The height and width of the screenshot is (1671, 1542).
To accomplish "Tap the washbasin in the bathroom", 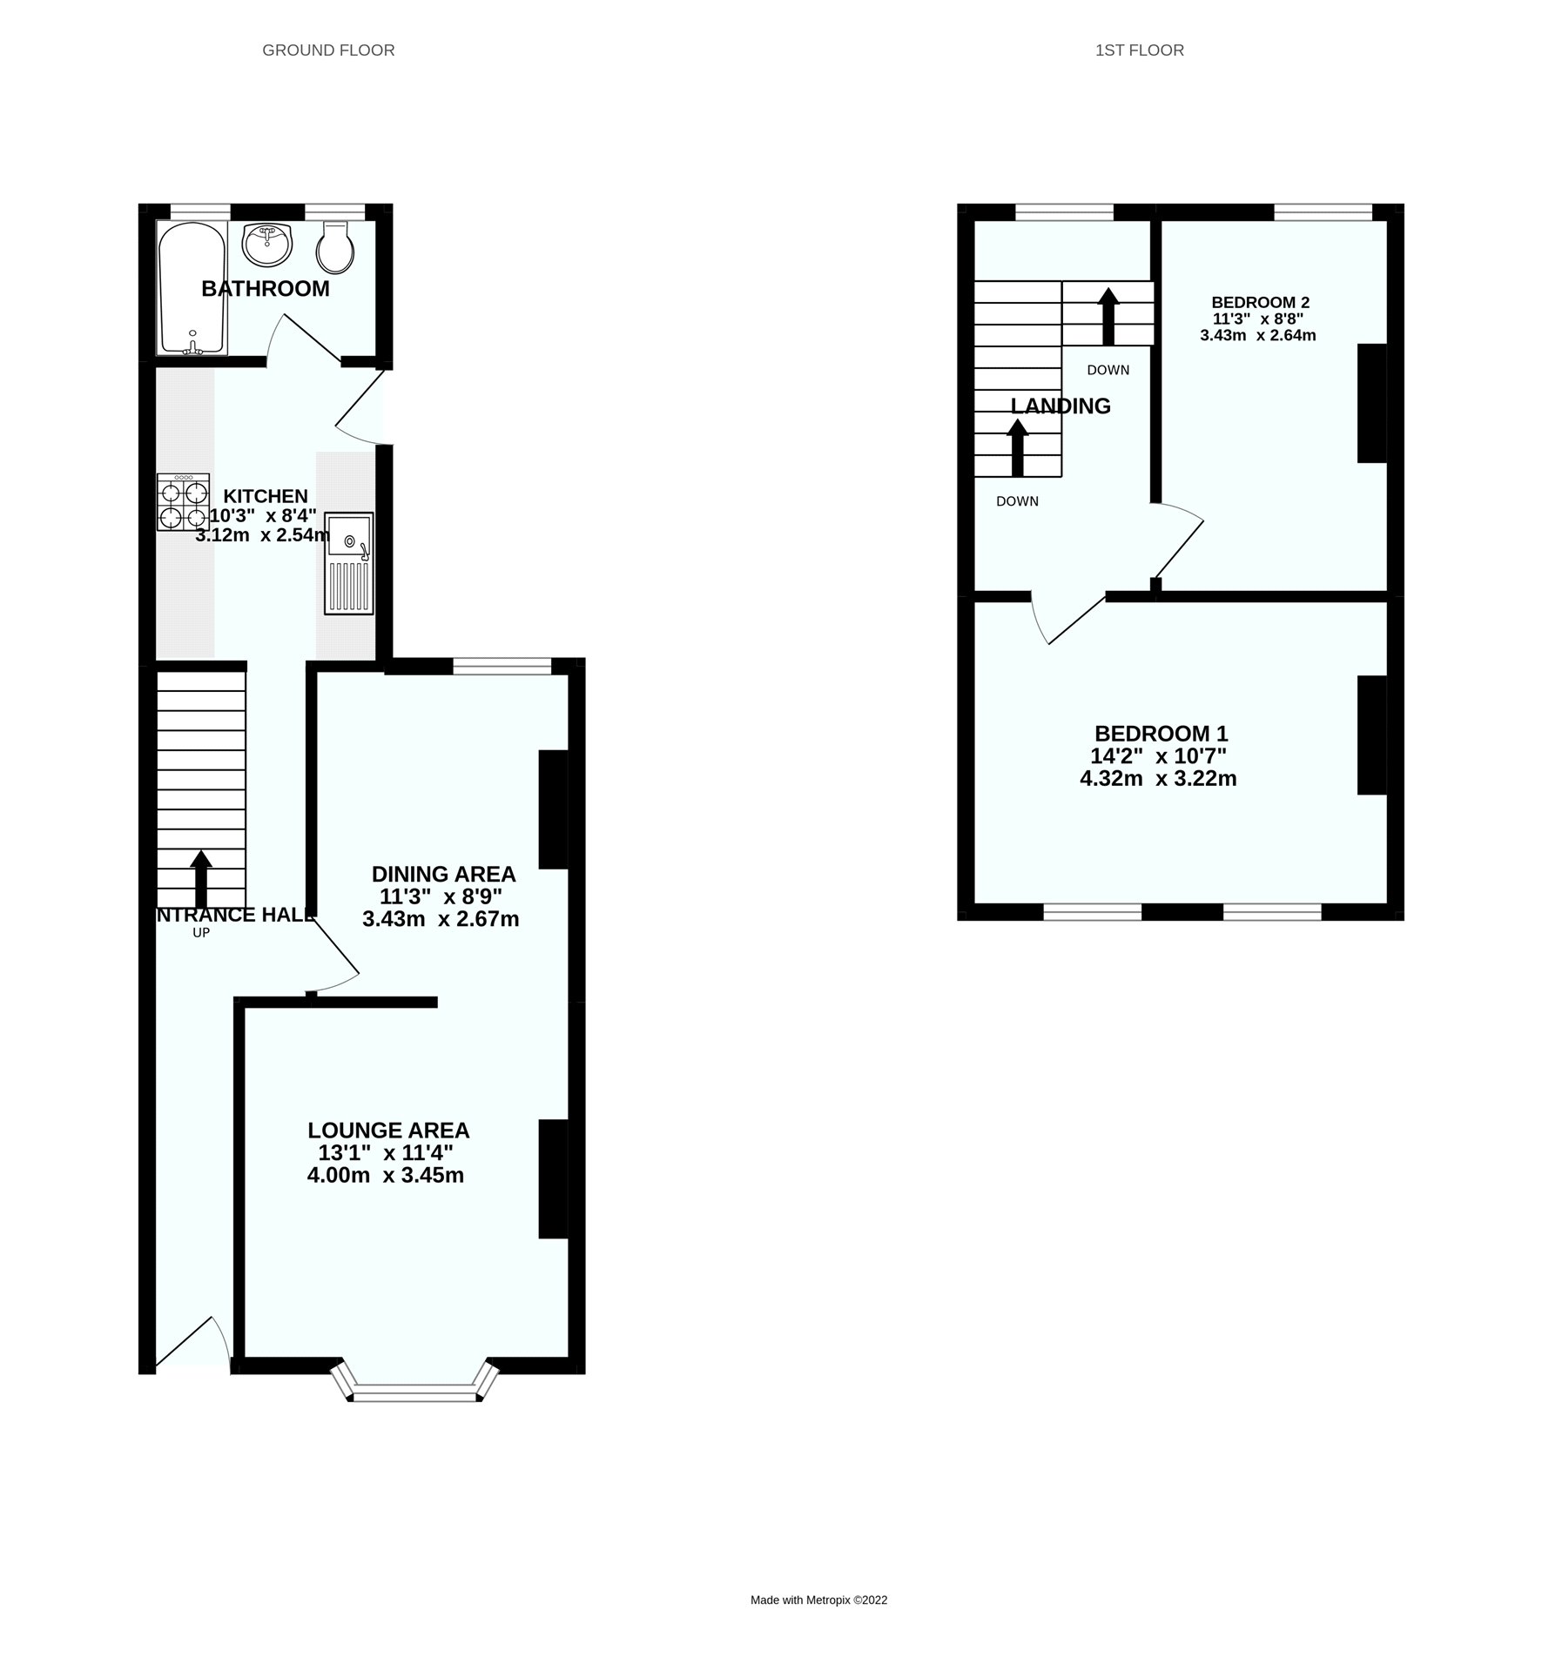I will (x=267, y=245).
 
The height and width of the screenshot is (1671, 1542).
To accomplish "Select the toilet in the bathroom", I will (x=335, y=247).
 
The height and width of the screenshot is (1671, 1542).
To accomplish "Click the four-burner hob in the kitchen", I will (x=184, y=502).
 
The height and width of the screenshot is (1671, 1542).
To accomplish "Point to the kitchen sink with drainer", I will (x=349, y=562).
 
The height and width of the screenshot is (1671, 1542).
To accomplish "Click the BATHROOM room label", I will (x=266, y=289).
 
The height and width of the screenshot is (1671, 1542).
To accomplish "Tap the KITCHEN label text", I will (x=266, y=496).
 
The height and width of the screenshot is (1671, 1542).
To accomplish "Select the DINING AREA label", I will (x=443, y=874).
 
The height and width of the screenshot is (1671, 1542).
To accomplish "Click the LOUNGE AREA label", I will (x=388, y=1131).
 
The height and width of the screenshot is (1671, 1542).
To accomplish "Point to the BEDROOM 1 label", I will (x=1161, y=734).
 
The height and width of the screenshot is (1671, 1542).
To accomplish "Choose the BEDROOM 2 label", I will (x=1260, y=303).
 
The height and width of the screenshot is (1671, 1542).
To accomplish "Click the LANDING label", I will (x=1061, y=406).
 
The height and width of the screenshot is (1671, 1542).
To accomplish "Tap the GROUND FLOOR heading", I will (x=328, y=50).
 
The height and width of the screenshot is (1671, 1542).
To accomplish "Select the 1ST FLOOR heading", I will (x=1139, y=50).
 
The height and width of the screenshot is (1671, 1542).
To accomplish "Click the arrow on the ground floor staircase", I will (x=201, y=878).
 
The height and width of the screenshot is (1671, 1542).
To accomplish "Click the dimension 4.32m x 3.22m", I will (x=1158, y=779).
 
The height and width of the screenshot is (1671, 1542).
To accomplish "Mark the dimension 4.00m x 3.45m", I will (x=385, y=1176).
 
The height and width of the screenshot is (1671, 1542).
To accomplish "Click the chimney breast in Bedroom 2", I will (x=1371, y=403).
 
